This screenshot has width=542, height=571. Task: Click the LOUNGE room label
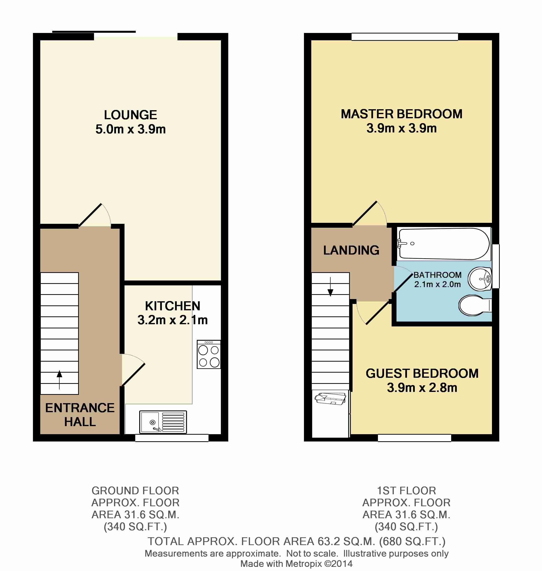click(130, 115)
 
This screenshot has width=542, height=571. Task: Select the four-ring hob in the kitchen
click(208, 355)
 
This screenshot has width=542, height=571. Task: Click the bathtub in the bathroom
click(443, 244)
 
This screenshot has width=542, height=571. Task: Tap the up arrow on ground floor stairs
click(59, 379)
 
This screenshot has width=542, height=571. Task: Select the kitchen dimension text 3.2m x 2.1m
click(172, 320)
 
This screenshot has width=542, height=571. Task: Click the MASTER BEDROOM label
click(401, 114)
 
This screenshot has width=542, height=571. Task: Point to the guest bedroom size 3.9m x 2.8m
click(422, 388)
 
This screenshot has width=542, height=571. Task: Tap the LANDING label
click(351, 250)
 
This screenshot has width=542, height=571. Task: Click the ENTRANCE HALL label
click(80, 415)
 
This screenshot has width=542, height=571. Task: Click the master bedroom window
click(405, 37)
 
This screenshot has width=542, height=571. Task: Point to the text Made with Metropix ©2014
click(296, 563)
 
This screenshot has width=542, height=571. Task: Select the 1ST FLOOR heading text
click(406, 491)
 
